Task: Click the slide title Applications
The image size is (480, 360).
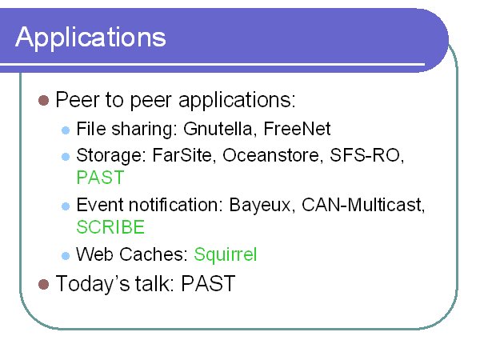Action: (x=90, y=38)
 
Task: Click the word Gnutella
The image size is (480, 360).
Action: (x=218, y=129)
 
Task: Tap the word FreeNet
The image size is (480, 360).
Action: (x=297, y=128)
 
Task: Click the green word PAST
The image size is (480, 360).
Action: (x=100, y=178)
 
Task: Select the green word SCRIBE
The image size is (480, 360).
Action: (x=110, y=227)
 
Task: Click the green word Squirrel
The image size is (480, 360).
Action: (x=226, y=254)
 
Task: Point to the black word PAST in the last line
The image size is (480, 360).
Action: (x=208, y=283)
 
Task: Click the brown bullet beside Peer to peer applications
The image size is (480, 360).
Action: (x=43, y=101)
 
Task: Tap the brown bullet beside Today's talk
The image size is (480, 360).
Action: (x=43, y=284)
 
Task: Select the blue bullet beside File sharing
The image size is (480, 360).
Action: (x=66, y=130)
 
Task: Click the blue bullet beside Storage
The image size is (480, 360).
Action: (x=66, y=157)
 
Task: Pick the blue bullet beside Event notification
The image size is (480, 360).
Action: (x=66, y=206)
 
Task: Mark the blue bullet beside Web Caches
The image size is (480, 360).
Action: (x=66, y=256)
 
